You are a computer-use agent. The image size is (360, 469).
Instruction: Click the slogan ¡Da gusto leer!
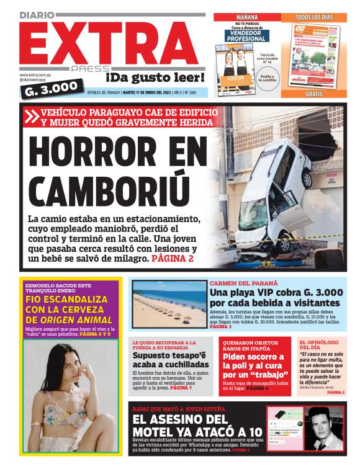pyautogui.click(x=155, y=78)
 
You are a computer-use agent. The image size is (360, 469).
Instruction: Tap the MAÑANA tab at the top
pyautogui.click(x=246, y=17)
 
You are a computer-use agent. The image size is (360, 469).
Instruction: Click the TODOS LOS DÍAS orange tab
pyautogui.click(x=313, y=17)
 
